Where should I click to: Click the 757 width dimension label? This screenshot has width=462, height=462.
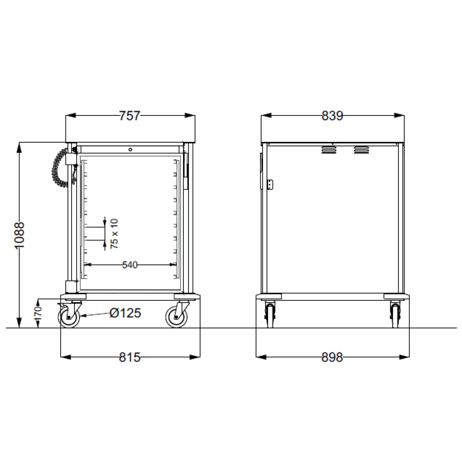[129, 116]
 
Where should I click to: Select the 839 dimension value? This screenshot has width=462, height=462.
[332, 116]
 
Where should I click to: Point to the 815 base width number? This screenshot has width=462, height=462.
[129, 357]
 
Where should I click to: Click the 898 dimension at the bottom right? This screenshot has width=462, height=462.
[332, 357]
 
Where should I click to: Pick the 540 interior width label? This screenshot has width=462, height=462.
[130, 265]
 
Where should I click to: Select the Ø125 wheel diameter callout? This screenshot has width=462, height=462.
[125, 313]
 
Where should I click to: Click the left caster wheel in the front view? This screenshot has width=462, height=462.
[69, 317]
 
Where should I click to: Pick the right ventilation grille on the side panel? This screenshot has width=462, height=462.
[361, 150]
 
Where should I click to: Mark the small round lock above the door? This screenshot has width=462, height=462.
[130, 149]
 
